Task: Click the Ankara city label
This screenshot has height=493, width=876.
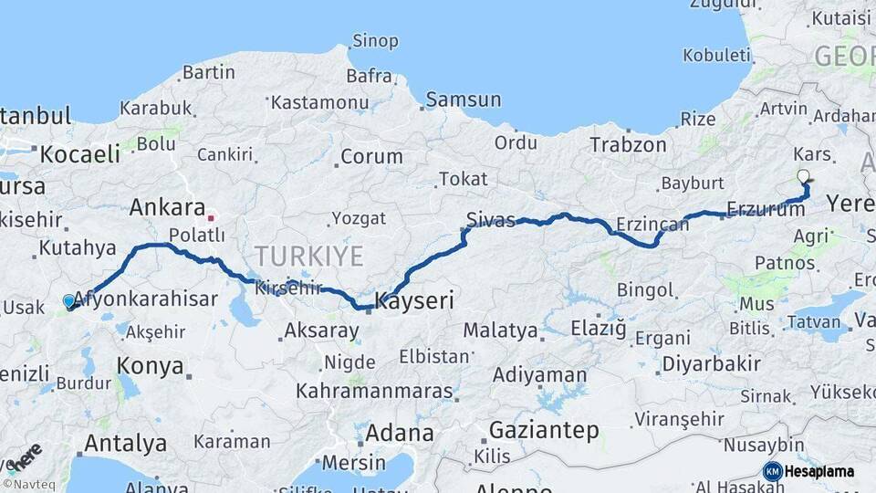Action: (x=167, y=207)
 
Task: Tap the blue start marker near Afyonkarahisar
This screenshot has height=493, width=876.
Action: (x=69, y=300)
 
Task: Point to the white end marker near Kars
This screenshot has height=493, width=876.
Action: (x=803, y=176)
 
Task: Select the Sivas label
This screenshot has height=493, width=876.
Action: (x=491, y=219)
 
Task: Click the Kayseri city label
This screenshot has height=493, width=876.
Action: (x=416, y=299)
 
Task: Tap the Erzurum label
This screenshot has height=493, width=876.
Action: (x=766, y=209)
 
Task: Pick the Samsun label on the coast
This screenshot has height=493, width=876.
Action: (x=464, y=100)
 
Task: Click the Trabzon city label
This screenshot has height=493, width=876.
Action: (x=628, y=144)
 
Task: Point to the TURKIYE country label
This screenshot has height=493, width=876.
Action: (x=308, y=256)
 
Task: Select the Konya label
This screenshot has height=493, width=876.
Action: (x=150, y=366)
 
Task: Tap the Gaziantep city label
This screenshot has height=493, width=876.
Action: (x=544, y=429)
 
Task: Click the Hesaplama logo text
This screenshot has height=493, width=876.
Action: (x=819, y=472)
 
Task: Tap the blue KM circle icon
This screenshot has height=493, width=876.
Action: (x=772, y=471)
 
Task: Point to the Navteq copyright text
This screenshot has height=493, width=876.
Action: (x=26, y=484)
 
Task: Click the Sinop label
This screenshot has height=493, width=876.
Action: (x=375, y=41)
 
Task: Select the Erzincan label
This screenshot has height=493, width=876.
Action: (x=652, y=224)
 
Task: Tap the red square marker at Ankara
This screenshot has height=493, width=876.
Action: (x=212, y=218)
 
